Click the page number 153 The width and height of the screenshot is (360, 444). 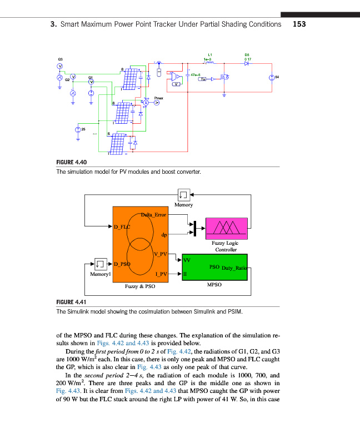tap(299, 24)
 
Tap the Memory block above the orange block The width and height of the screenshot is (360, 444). tap(184, 195)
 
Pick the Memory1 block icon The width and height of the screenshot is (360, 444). tap(100, 263)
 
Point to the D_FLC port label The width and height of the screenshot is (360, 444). tap(121, 226)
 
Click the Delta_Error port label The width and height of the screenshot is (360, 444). tap(153, 214)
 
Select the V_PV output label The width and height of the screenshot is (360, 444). tap(161, 254)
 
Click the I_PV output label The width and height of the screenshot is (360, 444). tap(161, 274)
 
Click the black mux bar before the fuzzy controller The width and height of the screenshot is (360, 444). tap(195, 226)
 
